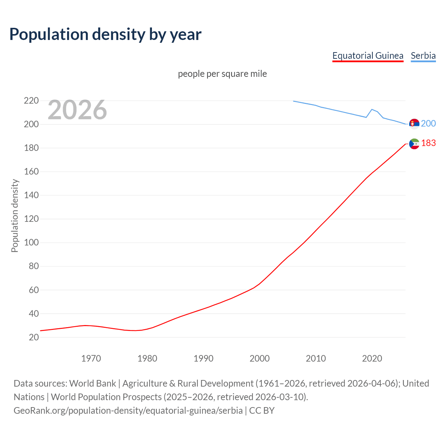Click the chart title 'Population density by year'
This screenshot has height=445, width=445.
click(105, 34)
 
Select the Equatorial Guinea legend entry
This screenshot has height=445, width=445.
click(367, 56)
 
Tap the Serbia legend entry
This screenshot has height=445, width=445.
click(423, 56)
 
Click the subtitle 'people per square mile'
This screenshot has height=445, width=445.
click(222, 74)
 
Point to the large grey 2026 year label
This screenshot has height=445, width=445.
click(77, 110)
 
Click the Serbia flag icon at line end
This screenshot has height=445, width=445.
click(414, 124)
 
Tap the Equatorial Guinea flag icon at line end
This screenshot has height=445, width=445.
click(414, 144)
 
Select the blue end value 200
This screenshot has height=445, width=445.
click(428, 123)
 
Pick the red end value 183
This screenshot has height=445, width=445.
click(428, 143)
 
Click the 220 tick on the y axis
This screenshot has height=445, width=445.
click(31, 101)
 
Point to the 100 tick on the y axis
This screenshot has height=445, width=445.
click(31, 243)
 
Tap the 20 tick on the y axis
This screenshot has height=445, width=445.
click(33, 337)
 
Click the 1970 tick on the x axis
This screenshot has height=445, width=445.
click(91, 358)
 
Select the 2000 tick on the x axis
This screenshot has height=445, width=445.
click(259, 358)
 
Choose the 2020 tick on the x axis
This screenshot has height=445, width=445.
click(372, 358)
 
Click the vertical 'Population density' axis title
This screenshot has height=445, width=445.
click(15, 216)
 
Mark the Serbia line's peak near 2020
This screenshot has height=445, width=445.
click(372, 109)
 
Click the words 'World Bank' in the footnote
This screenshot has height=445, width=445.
click(92, 383)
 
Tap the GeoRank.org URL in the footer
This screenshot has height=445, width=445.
click(128, 411)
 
